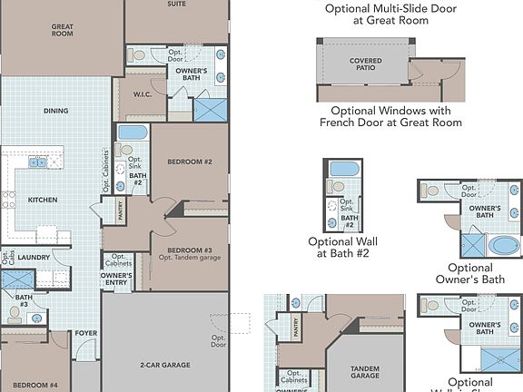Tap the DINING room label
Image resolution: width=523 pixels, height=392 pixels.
pos(56,112)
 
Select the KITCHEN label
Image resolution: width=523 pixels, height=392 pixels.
pos(43,200)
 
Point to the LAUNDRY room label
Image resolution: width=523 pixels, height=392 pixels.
pos(33,258)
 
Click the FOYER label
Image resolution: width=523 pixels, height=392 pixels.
pos(85,333)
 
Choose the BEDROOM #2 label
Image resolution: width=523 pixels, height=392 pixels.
pos(190,162)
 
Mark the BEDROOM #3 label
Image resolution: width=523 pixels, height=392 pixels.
pos(190,250)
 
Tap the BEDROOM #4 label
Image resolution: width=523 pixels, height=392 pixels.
pos(35,386)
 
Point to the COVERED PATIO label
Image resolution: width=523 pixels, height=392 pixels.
pos(366,64)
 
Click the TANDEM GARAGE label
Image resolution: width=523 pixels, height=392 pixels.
pos(365,371)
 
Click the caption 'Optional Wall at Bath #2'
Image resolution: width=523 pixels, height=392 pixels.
pos(342,249)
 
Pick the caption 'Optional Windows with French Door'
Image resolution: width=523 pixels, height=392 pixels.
pos(391,116)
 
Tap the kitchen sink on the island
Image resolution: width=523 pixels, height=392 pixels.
pos(38,163)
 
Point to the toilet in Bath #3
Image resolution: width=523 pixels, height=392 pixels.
pos(14,314)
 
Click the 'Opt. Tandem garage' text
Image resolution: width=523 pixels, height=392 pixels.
pos(190,259)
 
